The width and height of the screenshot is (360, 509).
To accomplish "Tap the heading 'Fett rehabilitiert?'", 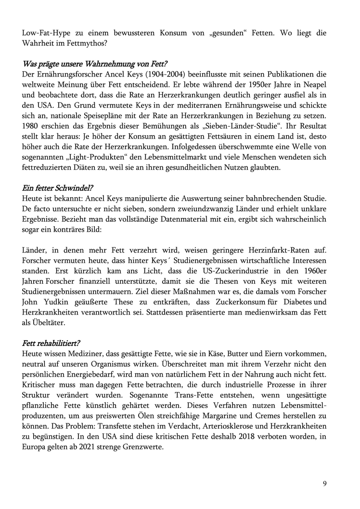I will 51,344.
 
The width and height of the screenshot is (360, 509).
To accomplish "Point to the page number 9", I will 325,484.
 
